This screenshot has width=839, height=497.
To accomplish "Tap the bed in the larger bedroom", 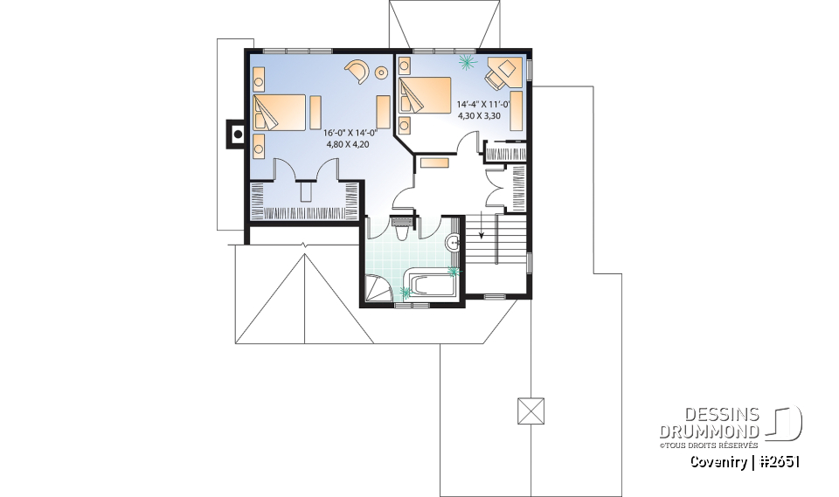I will (x=280, y=112).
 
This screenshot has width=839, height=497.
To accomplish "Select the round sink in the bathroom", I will (x=454, y=243).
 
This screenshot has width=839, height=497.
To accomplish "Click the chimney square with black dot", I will (x=236, y=135).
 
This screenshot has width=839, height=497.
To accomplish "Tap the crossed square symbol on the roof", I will (x=530, y=411).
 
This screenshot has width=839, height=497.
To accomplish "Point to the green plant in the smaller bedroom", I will (x=466, y=62).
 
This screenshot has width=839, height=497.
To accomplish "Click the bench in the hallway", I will (x=434, y=162).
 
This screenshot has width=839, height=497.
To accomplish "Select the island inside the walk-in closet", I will (x=305, y=190).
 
